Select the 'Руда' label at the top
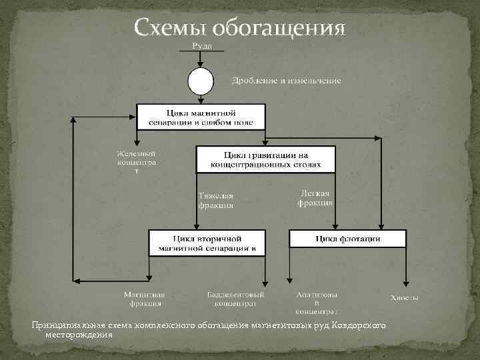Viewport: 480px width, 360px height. (201, 45)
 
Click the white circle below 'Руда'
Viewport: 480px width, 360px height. (201, 82)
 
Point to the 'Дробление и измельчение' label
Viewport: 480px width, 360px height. (286, 81)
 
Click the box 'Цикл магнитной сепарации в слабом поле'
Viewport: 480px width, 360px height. (201, 117)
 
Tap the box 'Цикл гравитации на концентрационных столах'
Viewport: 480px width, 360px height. (265, 159)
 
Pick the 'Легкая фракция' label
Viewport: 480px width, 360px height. (315, 197)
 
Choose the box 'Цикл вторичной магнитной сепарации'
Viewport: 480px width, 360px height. (207, 243)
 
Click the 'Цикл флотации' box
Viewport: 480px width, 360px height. (347, 239)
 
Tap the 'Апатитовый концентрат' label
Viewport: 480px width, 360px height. (317, 303)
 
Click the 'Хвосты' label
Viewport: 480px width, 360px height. (404, 298)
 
